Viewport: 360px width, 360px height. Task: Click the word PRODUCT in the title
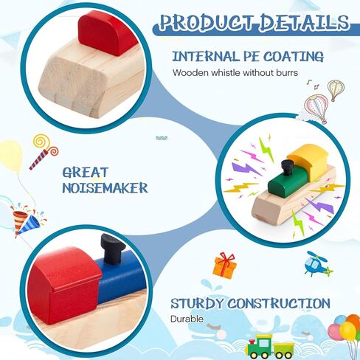(x=207, y=22)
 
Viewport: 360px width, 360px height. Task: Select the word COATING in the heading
(x=294, y=57)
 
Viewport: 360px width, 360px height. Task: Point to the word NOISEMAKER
(x=105, y=188)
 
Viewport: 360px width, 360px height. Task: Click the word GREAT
(x=86, y=172)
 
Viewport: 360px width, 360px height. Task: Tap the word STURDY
(x=197, y=303)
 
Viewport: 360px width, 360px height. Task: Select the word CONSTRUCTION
(x=279, y=303)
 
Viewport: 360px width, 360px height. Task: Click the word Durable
(x=187, y=319)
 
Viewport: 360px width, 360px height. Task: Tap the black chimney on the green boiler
(x=287, y=167)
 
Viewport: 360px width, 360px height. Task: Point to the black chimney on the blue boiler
(x=112, y=249)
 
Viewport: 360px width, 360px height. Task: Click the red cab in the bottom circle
(x=64, y=285)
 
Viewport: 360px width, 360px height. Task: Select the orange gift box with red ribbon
(x=225, y=266)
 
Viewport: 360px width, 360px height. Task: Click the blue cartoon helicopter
(x=318, y=263)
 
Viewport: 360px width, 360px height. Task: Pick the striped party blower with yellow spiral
(x=44, y=151)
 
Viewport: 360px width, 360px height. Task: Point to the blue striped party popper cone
(x=29, y=224)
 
